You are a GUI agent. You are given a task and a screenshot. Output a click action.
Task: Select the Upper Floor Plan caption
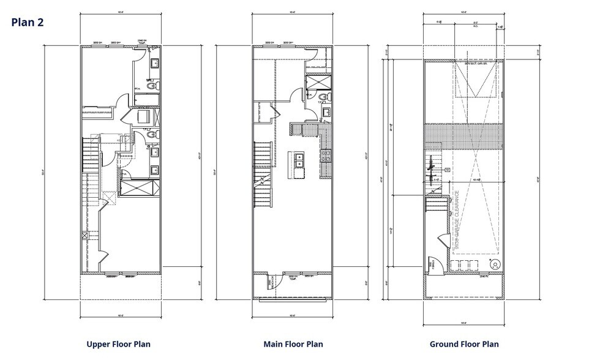coord(118,344)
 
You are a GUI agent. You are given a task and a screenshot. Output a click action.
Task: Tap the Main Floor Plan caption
coord(293,344)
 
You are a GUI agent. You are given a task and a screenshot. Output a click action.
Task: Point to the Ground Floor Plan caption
coord(463,344)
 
